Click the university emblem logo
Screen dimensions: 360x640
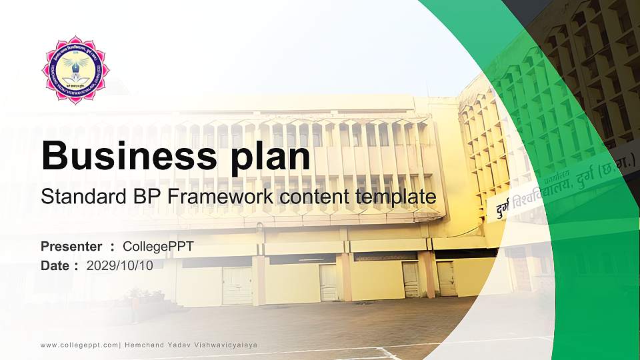click(76, 70)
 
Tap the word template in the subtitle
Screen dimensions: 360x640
click(396, 197)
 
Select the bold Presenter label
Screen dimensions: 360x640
click(71, 247)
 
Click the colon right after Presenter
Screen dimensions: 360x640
click(113, 247)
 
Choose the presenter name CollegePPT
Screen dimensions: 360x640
click(159, 247)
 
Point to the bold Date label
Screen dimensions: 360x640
click(55, 266)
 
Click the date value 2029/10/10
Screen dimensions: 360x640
click(120, 266)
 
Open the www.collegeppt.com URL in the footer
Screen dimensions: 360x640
click(79, 345)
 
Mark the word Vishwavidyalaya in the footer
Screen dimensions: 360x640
click(227, 345)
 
